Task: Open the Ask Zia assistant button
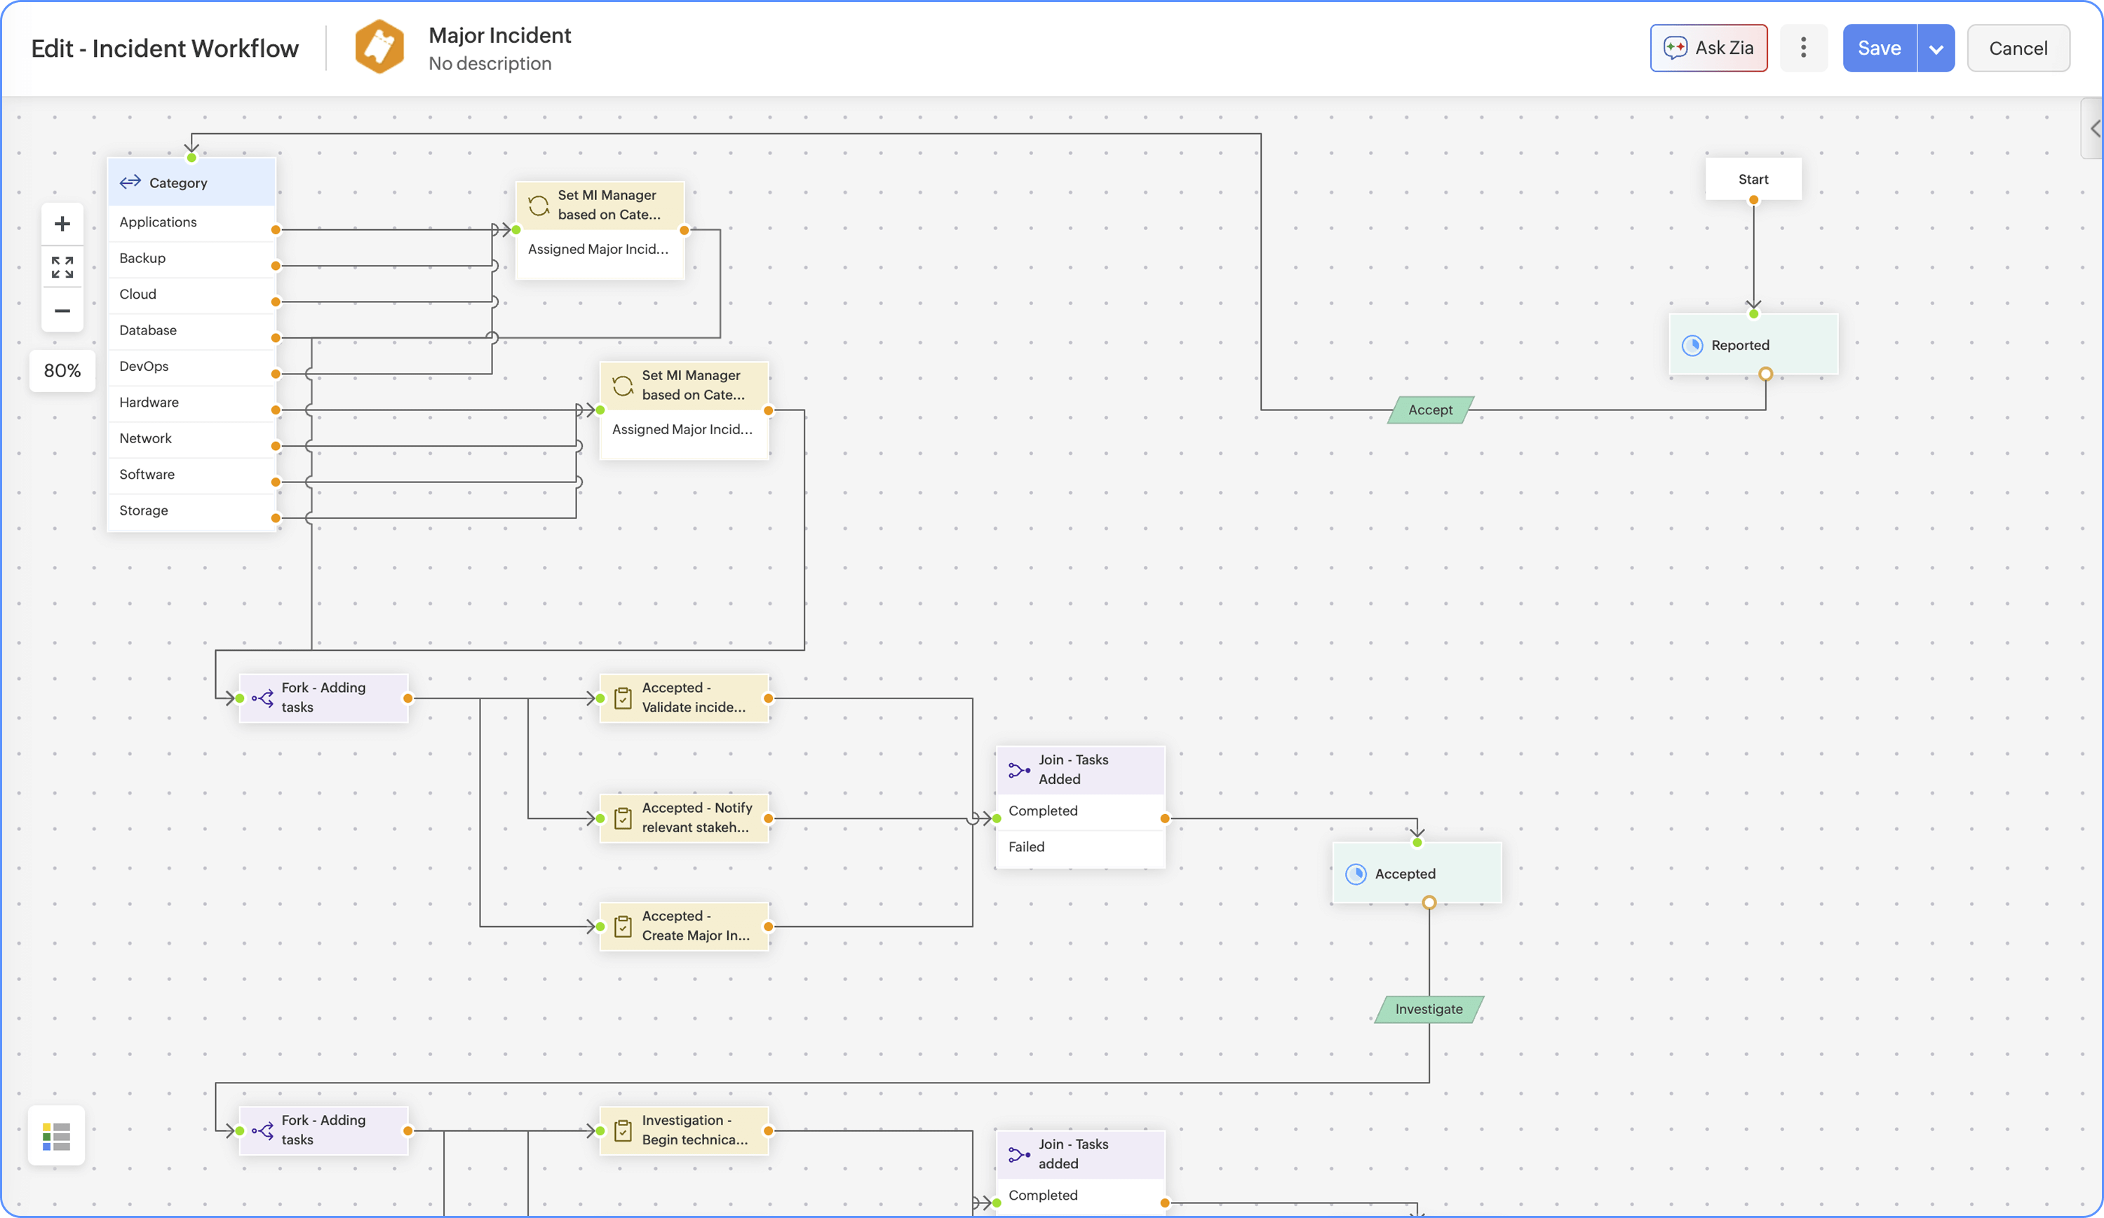pyautogui.click(x=1708, y=48)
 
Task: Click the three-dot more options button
pyautogui.click(x=1802, y=48)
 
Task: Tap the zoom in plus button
pyautogui.click(x=62, y=224)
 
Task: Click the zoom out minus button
pyautogui.click(x=62, y=311)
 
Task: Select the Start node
pyautogui.click(x=1753, y=179)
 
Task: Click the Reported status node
pyautogui.click(x=1753, y=345)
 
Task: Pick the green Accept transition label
pyautogui.click(x=1429, y=410)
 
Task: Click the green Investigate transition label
pyautogui.click(x=1429, y=1008)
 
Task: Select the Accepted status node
pyautogui.click(x=1416, y=873)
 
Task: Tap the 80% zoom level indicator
pyautogui.click(x=62, y=371)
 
